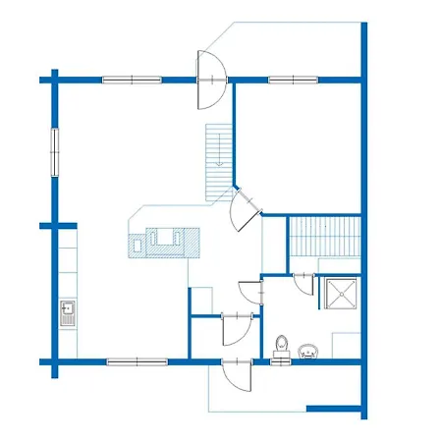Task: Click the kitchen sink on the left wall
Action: pyautogui.click(x=67, y=313)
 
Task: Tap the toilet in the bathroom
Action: pyautogui.click(x=282, y=346)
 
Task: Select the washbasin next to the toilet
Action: pyautogui.click(x=309, y=350)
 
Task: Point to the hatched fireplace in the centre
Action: pyautogui.click(x=162, y=241)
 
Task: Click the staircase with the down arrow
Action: pyautogui.click(x=218, y=160)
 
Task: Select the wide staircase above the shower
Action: pyautogui.click(x=324, y=240)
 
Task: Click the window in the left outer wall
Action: pyautogui.click(x=55, y=150)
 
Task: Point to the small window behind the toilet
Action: pyautogui.click(x=282, y=361)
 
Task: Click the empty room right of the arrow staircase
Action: pyautogui.click(x=298, y=147)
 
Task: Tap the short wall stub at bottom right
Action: pyautogui.click(x=334, y=408)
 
